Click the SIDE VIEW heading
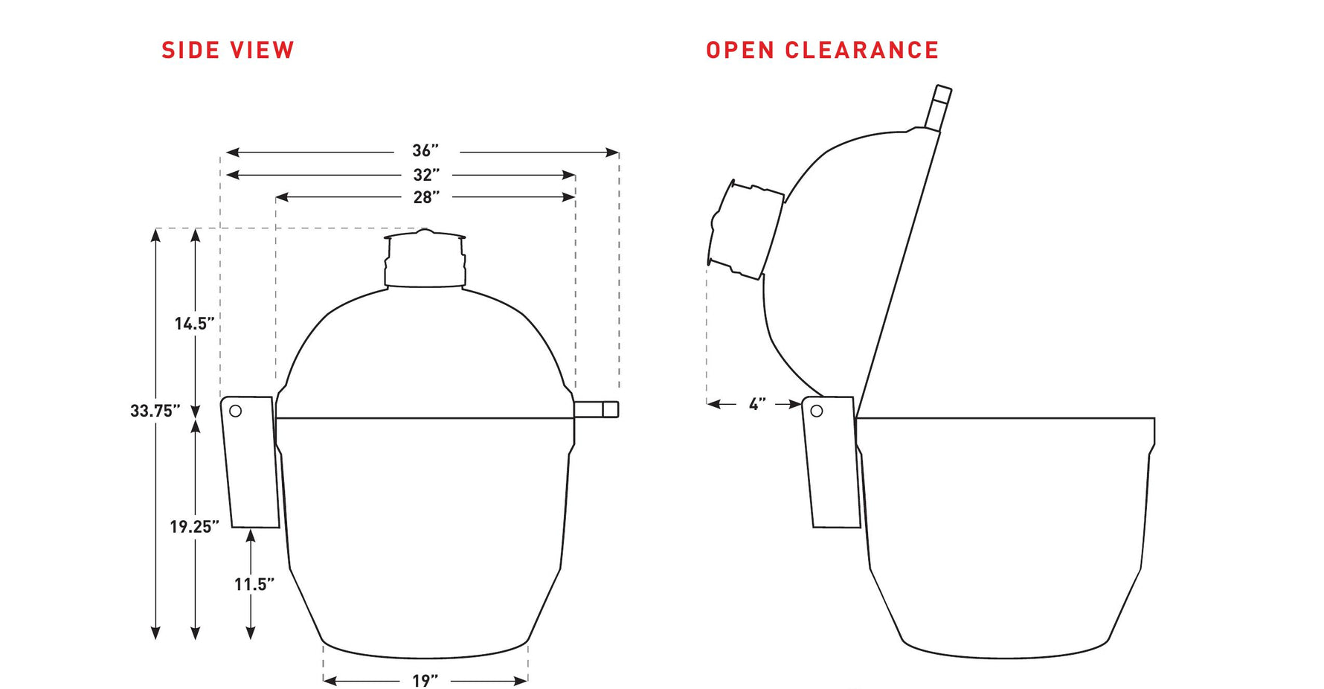coord(228,50)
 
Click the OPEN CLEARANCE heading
coord(822,50)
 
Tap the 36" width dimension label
coord(426,151)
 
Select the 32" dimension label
coord(426,175)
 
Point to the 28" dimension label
coord(426,197)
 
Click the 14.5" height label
coord(195,324)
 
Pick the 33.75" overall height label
coord(155,411)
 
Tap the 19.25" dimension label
coord(194,527)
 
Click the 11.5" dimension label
coord(254,585)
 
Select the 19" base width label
coord(425,681)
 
